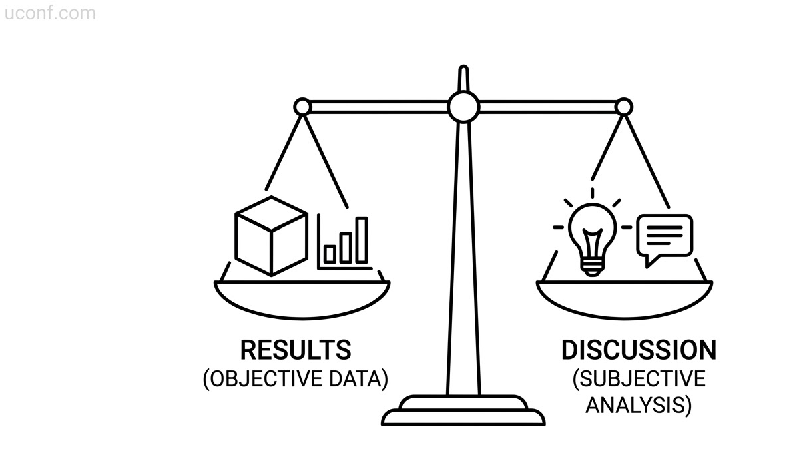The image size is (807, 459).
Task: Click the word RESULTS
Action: (296, 350)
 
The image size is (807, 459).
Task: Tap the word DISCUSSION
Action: (639, 350)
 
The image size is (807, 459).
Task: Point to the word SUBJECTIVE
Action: (639, 379)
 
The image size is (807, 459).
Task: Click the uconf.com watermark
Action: (50, 13)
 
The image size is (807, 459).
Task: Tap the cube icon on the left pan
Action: (271, 236)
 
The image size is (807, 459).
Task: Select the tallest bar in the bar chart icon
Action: (362, 240)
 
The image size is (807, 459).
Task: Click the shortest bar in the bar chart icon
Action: (330, 254)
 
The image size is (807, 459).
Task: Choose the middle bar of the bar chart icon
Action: (346, 248)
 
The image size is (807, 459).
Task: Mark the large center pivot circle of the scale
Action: (463, 107)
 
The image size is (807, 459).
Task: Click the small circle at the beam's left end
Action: (302, 107)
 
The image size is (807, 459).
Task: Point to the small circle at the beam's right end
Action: (624, 107)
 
